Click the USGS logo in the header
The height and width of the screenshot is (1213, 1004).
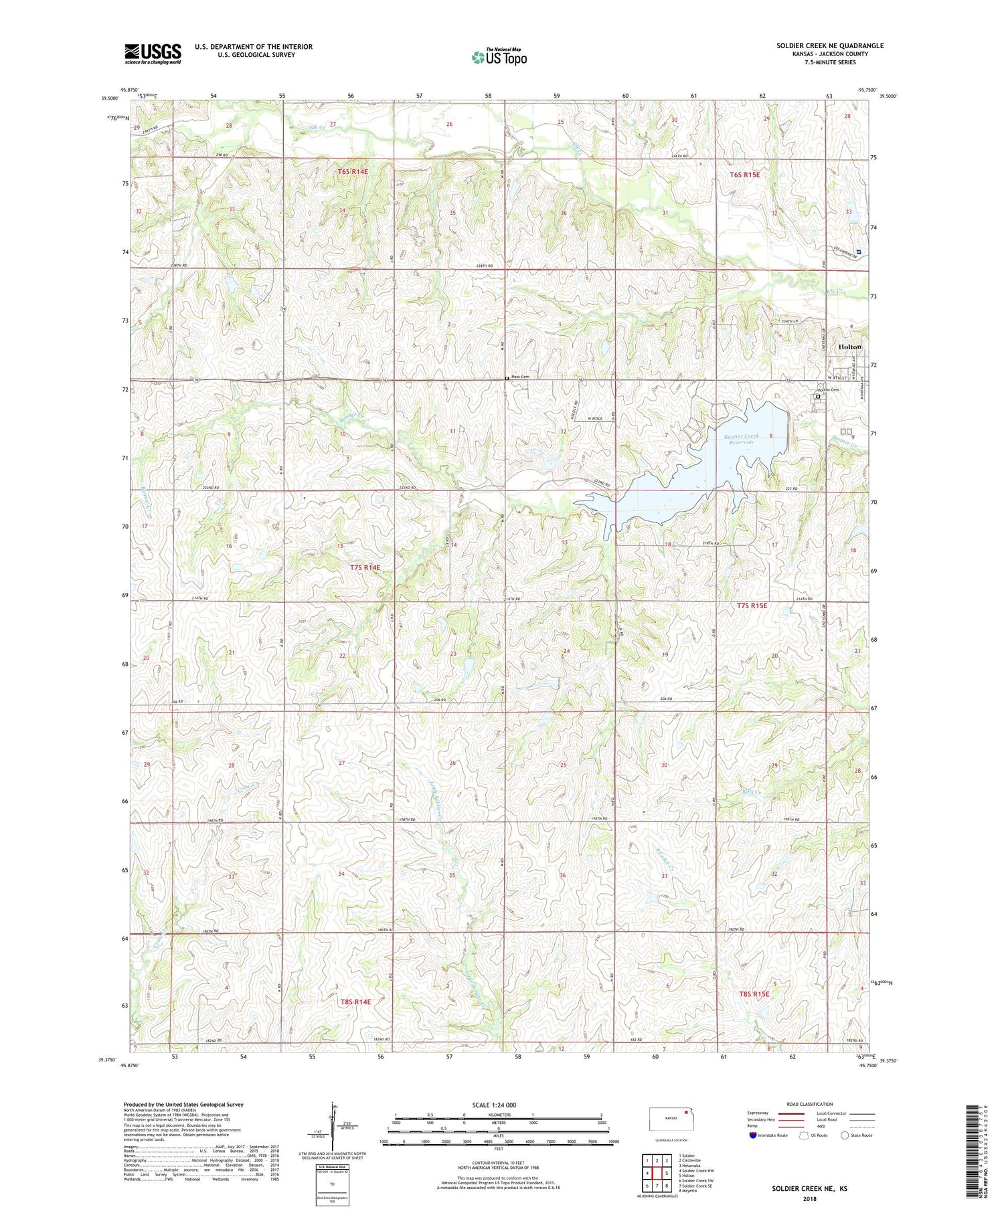(153, 53)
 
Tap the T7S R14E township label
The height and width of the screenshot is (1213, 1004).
(365, 567)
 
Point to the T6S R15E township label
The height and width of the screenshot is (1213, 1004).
(744, 175)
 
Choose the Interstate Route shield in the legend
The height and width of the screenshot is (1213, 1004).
(752, 1135)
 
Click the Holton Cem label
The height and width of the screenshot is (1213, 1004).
(827, 390)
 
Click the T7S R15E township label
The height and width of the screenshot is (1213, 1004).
(752, 605)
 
